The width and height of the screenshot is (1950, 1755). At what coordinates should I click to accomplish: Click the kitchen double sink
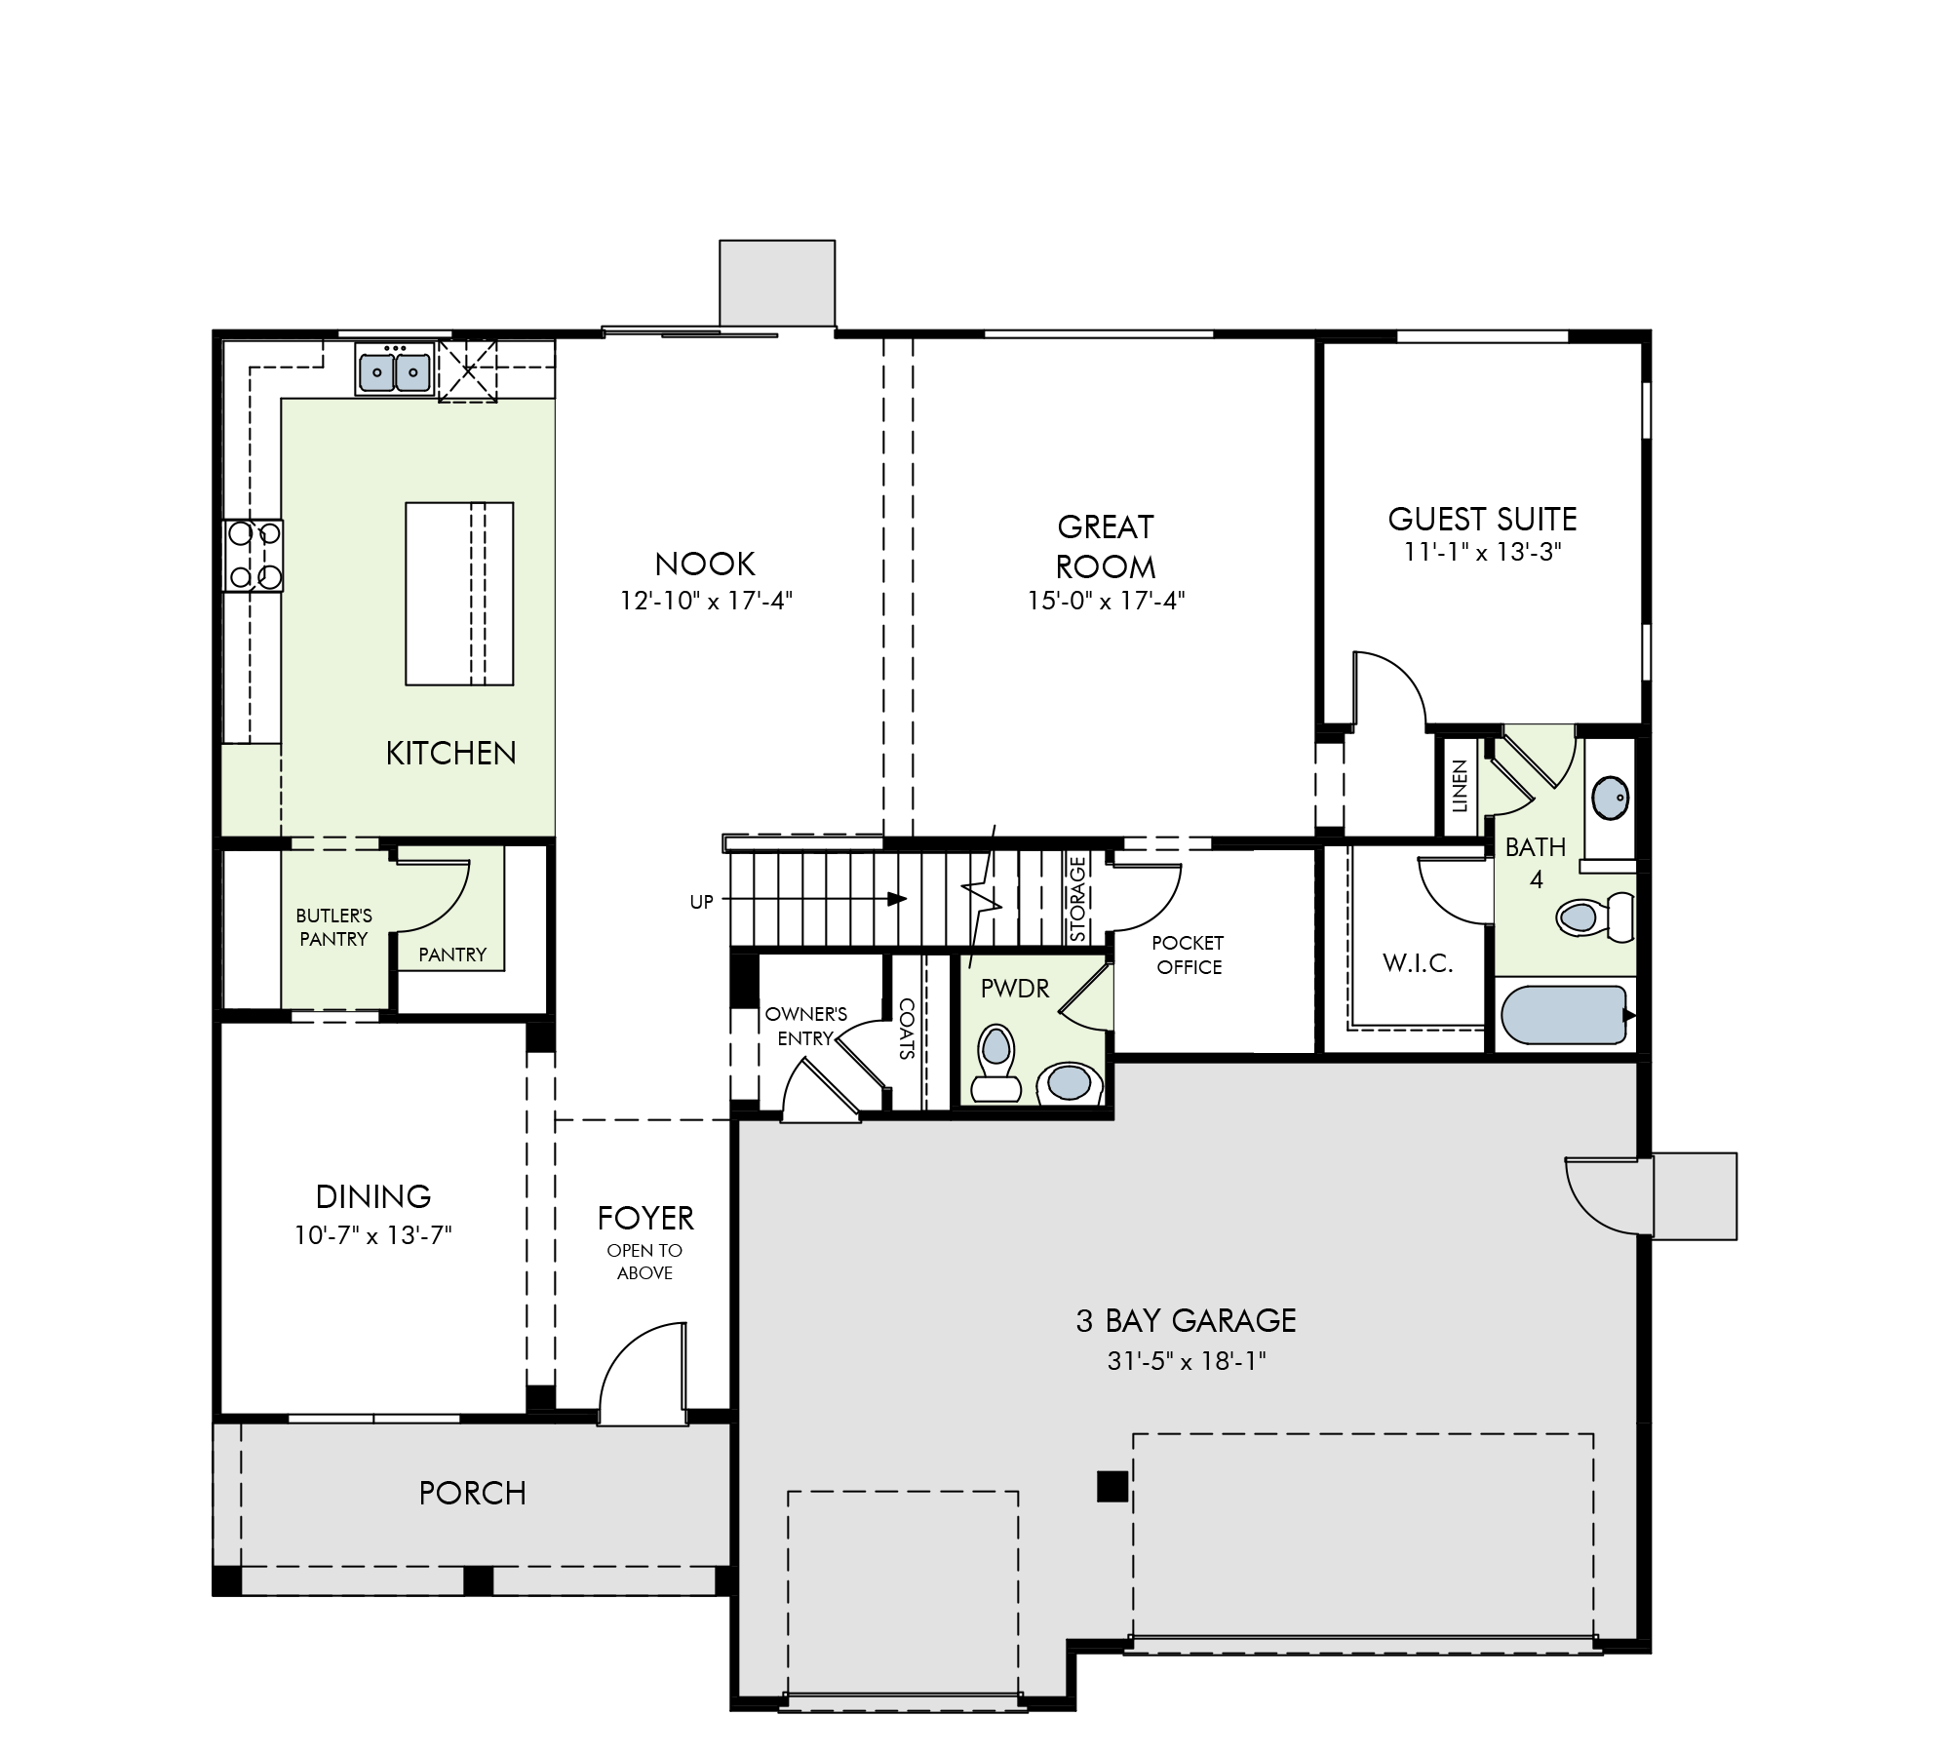395,369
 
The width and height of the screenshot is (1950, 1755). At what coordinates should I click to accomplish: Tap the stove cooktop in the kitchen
253,555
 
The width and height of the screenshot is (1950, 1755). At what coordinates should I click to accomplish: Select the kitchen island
459,594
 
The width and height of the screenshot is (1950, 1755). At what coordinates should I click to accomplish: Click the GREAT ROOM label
1106,546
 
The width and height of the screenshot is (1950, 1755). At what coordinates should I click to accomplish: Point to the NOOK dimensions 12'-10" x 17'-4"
706,600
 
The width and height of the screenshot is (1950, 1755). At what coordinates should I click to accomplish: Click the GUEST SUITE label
1482,519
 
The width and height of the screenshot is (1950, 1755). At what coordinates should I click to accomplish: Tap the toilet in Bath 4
1596,916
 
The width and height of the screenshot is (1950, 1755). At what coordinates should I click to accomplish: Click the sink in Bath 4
1610,798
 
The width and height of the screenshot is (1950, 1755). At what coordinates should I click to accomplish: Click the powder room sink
1069,1083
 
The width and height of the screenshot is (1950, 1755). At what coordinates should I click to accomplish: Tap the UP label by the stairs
702,902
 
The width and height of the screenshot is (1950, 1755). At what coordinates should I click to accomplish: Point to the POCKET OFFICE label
1188,955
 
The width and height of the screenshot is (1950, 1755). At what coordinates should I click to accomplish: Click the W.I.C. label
1418,963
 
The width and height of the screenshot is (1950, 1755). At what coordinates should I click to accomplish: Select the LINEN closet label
1460,786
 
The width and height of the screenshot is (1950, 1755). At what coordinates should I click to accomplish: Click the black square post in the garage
1112,1486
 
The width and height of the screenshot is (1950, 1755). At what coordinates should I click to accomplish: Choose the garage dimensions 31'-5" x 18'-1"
1187,1360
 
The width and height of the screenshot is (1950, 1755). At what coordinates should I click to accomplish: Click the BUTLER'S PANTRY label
334,927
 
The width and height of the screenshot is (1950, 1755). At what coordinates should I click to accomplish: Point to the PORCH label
473,1493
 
